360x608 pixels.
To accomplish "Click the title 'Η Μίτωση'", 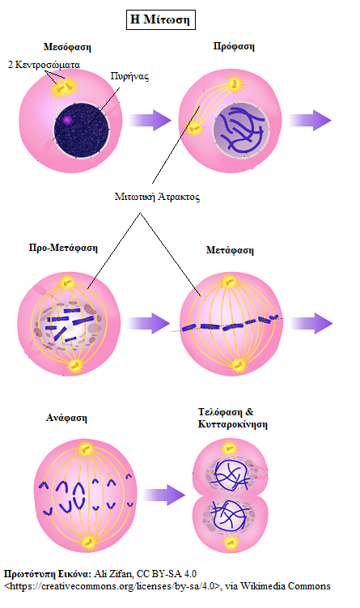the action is pyautogui.click(x=160, y=19).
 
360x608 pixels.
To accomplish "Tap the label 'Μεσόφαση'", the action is pyautogui.click(x=67, y=47).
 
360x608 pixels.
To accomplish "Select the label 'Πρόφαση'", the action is pyautogui.click(x=234, y=46).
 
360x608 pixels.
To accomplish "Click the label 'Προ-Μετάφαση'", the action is pyautogui.click(x=63, y=248).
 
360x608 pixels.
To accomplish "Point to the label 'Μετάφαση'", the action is pyautogui.click(x=230, y=250).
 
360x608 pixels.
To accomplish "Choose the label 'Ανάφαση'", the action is pyautogui.click(x=66, y=418).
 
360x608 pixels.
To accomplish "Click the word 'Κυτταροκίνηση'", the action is pyautogui.click(x=232, y=423).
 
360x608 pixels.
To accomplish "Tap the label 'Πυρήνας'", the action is pyautogui.click(x=129, y=76).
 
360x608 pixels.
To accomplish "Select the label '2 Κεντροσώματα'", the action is pyautogui.click(x=44, y=65).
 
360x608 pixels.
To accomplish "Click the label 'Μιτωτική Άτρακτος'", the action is pyautogui.click(x=157, y=197).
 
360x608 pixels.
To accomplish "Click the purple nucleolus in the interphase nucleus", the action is pyautogui.click(x=67, y=120).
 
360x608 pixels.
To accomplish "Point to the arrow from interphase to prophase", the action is pyautogui.click(x=150, y=120).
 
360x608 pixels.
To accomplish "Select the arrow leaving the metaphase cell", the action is pyautogui.click(x=311, y=323).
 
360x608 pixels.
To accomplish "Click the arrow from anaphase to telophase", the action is pyautogui.click(x=164, y=495).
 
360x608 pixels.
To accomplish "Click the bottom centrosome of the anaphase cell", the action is pyautogui.click(x=89, y=542).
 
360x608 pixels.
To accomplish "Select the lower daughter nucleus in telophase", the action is pyautogui.click(x=229, y=517).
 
